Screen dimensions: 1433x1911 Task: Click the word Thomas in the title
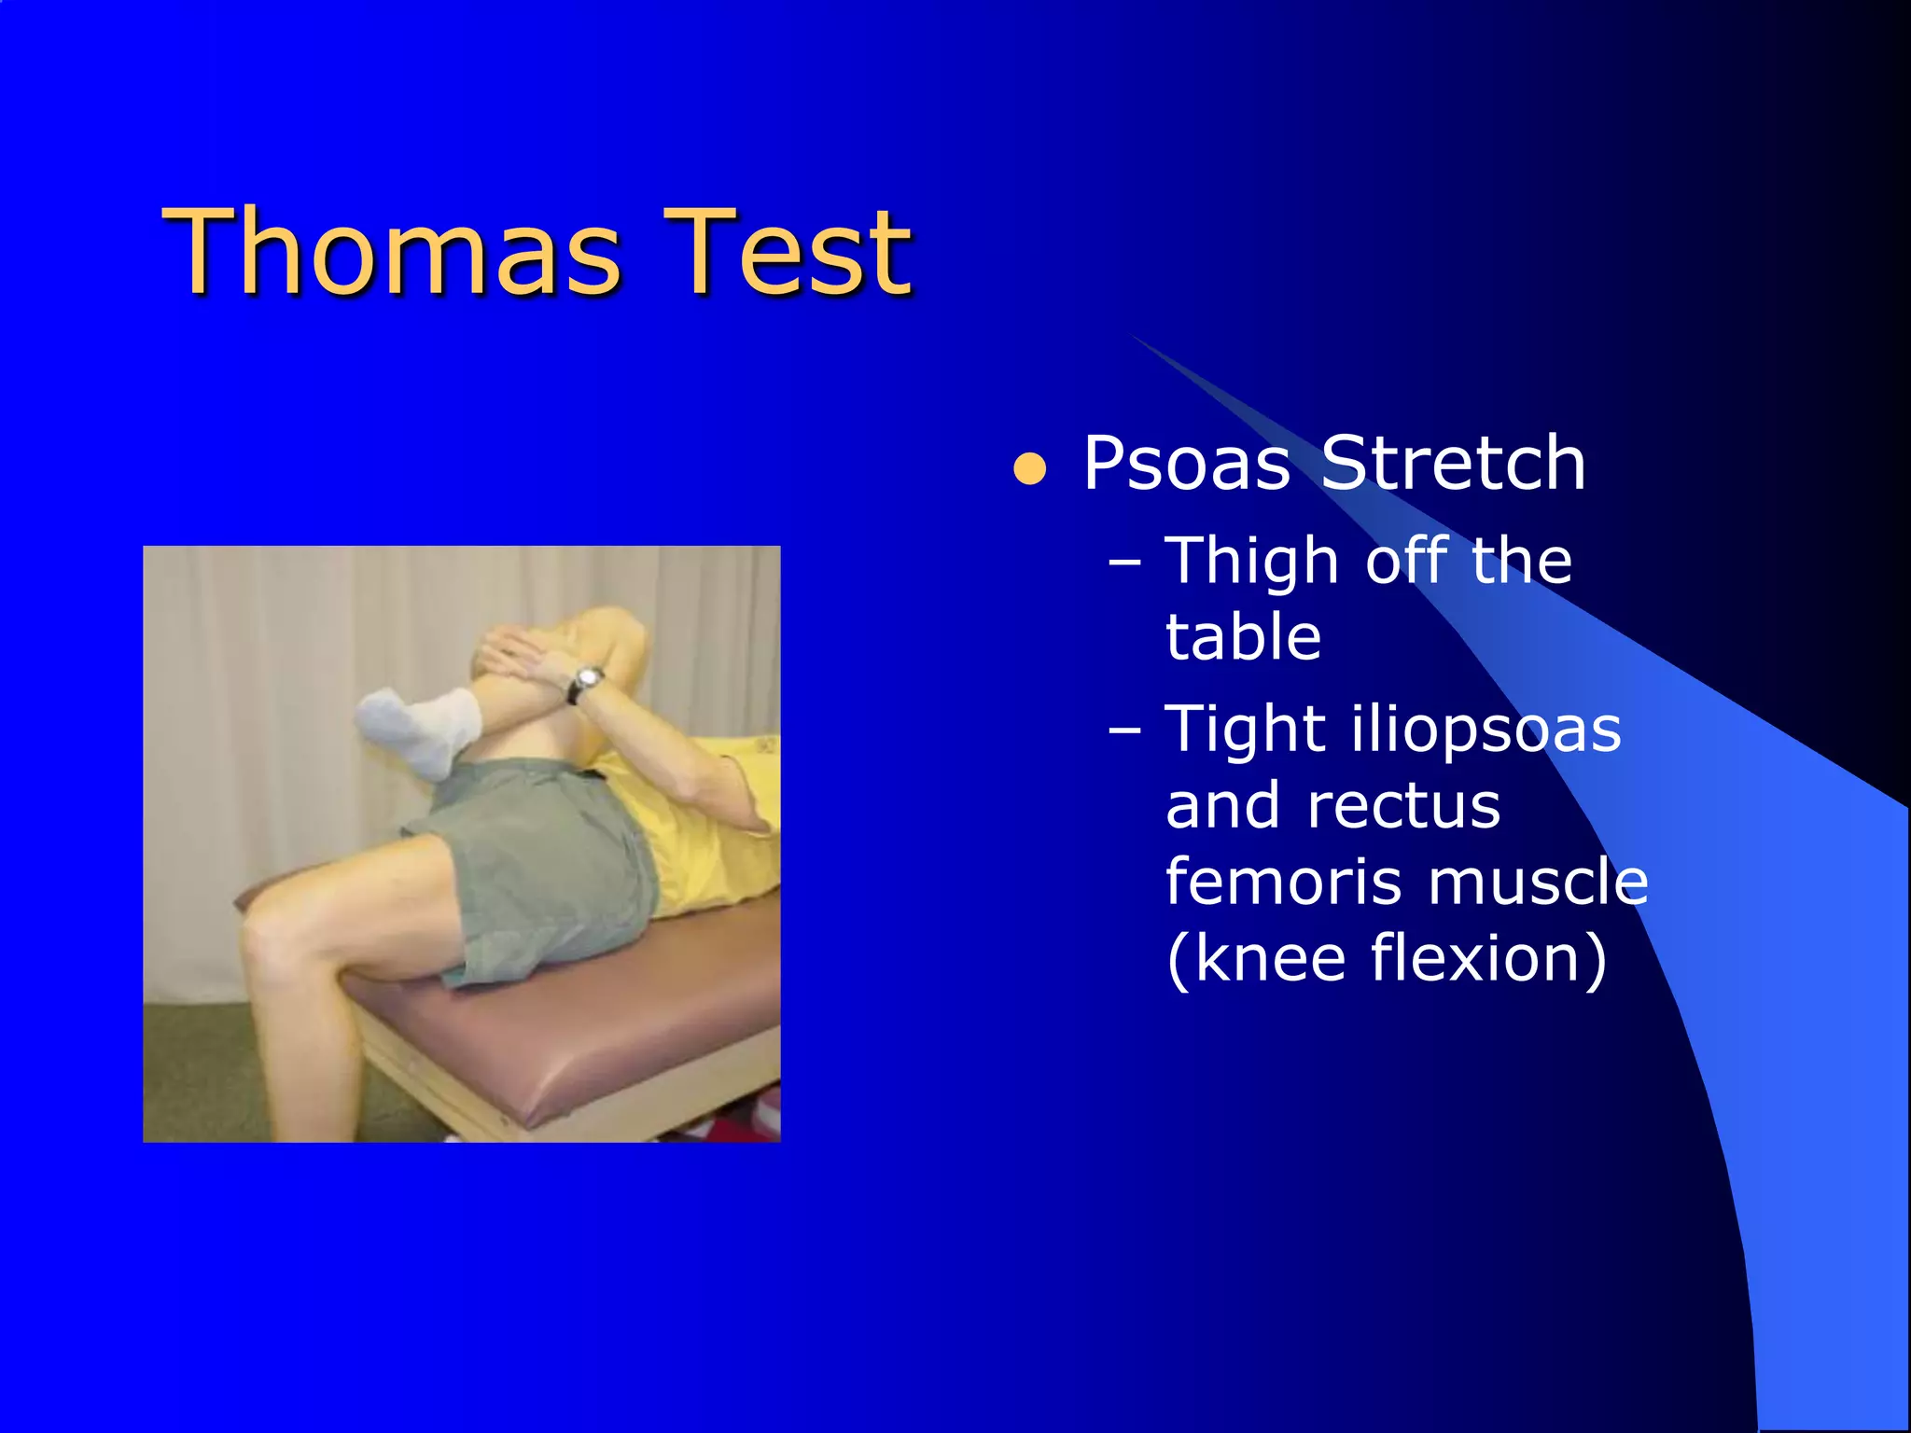(x=392, y=252)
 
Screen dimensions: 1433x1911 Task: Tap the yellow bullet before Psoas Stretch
(x=1030, y=469)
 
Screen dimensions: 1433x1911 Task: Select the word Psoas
(x=1186, y=464)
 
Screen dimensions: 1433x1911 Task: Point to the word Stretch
(x=1453, y=464)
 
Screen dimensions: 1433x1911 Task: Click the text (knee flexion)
(x=1387, y=958)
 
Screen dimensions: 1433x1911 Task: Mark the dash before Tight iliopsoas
(x=1125, y=730)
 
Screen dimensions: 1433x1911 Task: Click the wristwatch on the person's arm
(x=587, y=682)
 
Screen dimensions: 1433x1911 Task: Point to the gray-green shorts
(x=541, y=868)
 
